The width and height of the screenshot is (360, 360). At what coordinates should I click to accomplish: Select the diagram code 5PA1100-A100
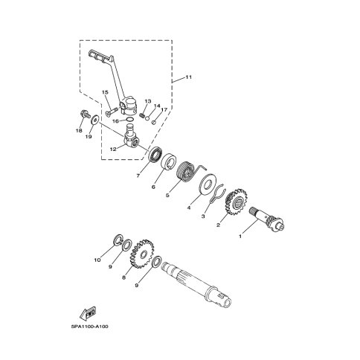90,327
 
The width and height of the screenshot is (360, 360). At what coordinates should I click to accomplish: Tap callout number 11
188,77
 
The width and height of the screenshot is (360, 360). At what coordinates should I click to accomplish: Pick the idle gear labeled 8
142,254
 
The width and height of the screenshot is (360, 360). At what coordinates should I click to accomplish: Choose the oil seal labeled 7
156,155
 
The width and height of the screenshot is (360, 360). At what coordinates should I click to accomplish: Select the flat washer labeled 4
208,184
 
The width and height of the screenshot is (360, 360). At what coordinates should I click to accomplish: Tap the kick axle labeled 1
266,219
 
